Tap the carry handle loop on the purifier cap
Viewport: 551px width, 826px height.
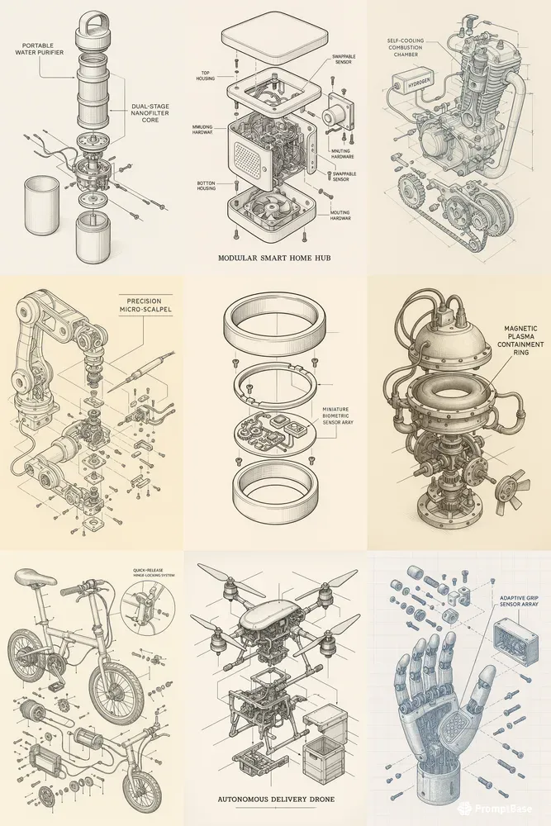pos(93,20)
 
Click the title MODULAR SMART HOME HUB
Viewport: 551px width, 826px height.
pos(275,257)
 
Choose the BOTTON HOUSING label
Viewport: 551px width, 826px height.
pos(207,187)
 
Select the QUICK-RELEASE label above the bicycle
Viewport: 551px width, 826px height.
pos(149,570)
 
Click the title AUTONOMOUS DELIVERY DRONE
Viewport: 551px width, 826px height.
pos(274,800)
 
